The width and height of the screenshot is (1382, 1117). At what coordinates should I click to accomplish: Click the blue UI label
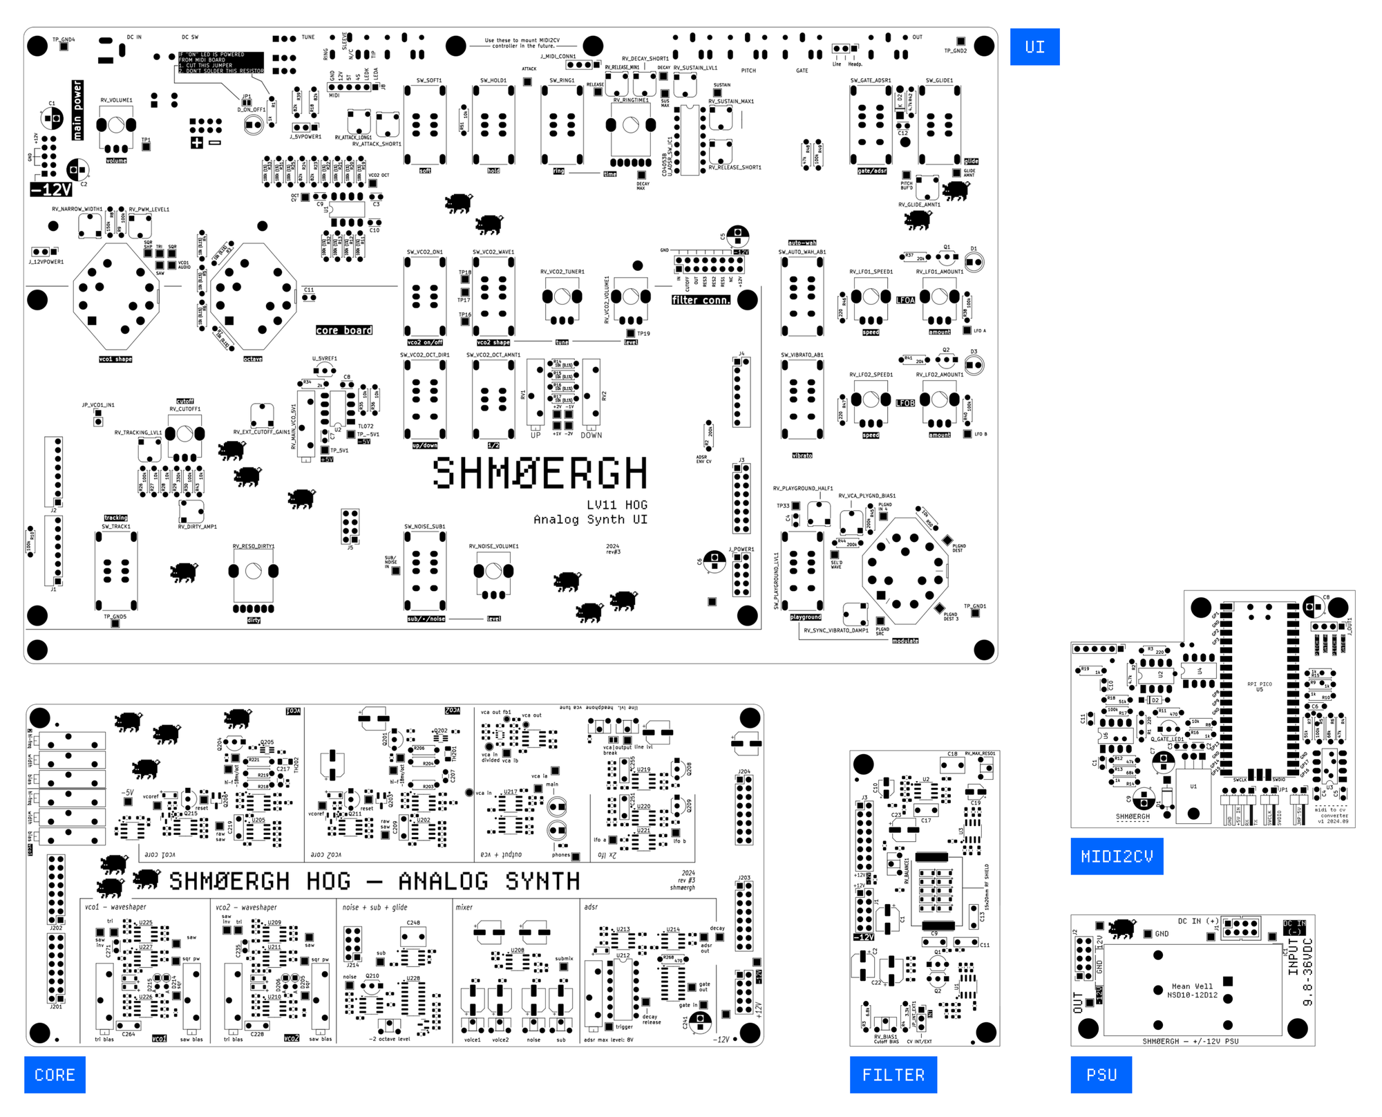click(1034, 47)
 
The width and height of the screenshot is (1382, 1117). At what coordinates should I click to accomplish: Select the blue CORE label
click(55, 1075)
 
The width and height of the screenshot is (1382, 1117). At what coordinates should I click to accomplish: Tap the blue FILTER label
click(893, 1075)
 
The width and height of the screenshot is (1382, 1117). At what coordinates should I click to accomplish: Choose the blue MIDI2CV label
click(1117, 856)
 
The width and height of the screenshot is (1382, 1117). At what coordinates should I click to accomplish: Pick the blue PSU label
click(1101, 1075)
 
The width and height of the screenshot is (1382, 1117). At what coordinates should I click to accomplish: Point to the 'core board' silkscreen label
click(344, 330)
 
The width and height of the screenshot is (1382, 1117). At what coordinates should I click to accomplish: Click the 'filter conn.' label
click(701, 300)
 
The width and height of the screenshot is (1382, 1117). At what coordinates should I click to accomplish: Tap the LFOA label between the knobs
click(905, 300)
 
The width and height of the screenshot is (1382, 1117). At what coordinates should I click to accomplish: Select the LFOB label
click(905, 403)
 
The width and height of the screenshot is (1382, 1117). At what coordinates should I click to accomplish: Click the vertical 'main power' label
click(77, 110)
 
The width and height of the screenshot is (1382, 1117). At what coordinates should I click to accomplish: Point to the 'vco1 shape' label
click(115, 359)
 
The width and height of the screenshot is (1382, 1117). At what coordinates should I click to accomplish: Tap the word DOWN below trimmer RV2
click(591, 435)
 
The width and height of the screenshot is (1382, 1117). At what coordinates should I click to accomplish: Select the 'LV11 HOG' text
click(617, 505)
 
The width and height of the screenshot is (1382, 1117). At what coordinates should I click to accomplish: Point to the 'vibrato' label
click(802, 456)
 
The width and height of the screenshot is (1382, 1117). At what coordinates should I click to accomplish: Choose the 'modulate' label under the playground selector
click(905, 641)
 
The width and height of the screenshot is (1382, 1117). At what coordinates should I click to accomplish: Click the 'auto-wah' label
click(802, 243)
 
